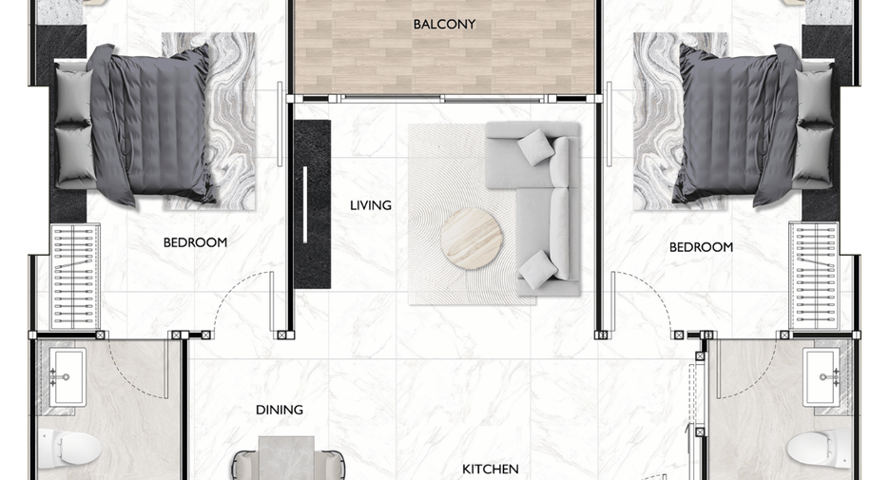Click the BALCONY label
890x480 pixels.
444,25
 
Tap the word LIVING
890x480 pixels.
371,205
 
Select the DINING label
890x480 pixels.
280,410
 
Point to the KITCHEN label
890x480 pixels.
491,470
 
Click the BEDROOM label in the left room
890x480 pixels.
195,242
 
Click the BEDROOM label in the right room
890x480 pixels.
701,247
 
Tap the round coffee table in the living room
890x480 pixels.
471,239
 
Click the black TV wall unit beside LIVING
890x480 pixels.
312,203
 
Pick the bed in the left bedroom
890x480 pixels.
133,125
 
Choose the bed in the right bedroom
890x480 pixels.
756,125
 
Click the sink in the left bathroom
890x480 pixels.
68,377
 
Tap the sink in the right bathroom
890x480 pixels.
822,377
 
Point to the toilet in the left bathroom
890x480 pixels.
69,449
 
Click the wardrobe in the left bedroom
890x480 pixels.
75,277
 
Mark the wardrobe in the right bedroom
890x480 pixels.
814,277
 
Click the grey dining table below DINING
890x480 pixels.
286,458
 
